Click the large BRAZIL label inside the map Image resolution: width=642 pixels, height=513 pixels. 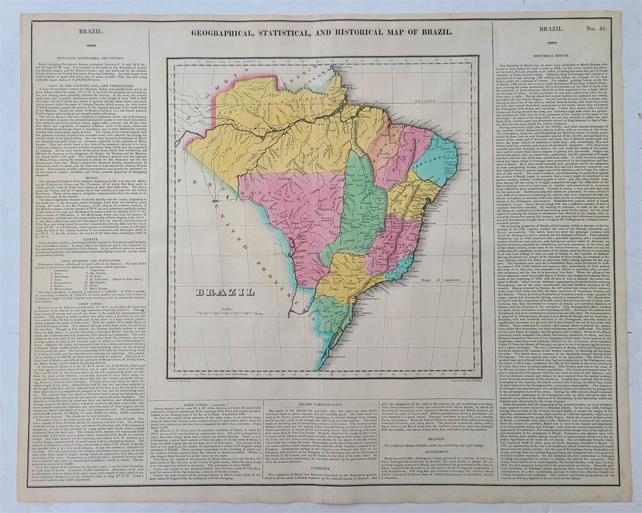tap(225, 292)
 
